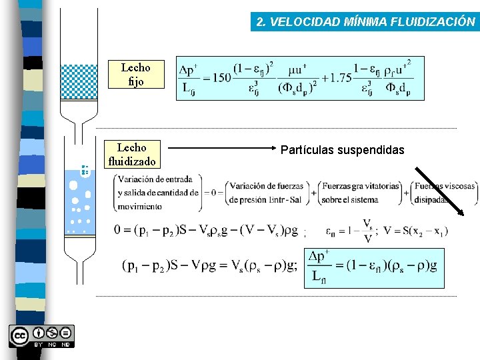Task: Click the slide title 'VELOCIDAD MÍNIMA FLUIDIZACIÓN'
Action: (366, 22)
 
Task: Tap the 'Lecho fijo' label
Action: (135, 75)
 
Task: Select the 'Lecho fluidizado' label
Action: (131, 155)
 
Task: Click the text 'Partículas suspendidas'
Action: (342, 150)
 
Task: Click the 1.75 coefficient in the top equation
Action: (339, 78)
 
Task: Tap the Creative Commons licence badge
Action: (41, 336)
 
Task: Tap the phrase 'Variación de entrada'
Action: (155, 179)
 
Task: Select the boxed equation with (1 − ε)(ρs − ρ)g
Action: (373, 267)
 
